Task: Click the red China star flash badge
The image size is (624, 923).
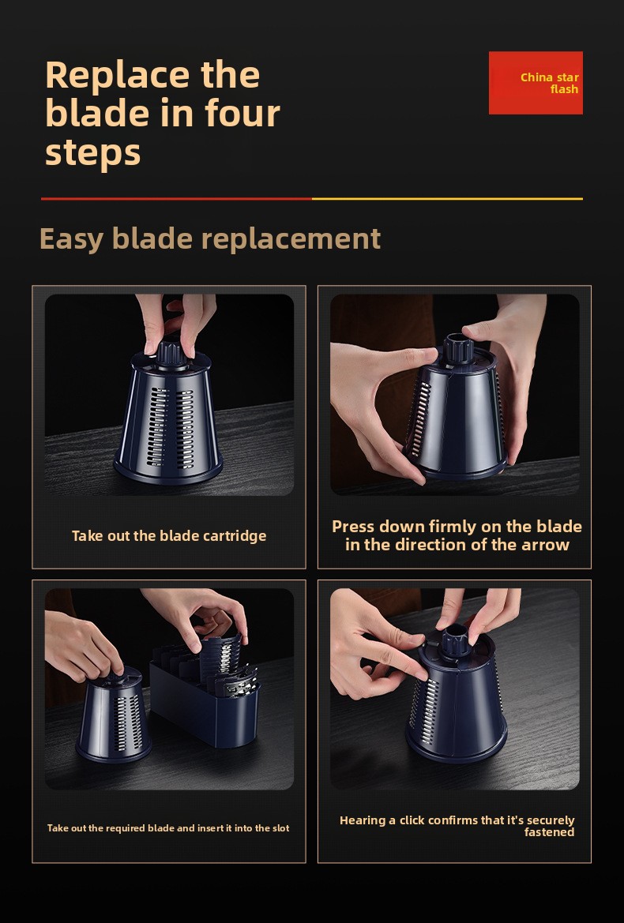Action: pos(536,83)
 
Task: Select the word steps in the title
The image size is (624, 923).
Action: pos(93,152)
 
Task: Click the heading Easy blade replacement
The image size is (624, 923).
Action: pos(210,238)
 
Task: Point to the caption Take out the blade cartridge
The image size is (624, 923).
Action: pos(169,535)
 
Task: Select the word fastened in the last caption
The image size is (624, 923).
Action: pos(549,832)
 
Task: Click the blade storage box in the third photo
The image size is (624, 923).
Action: pos(205,704)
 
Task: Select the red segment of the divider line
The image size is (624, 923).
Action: pos(177,199)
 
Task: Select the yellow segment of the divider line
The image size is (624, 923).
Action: pos(447,199)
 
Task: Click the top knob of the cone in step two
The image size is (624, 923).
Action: pos(457,347)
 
